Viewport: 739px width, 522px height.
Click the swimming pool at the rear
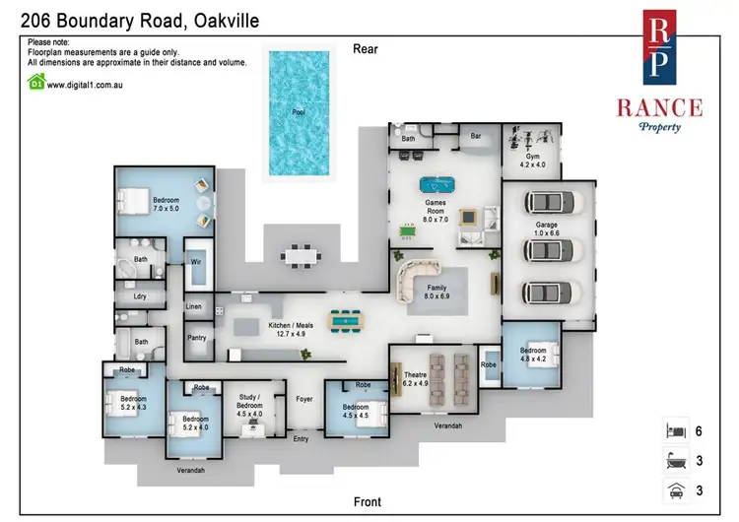(299, 113)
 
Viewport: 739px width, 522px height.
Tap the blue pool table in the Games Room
(437, 184)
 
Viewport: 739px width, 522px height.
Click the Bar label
(476, 136)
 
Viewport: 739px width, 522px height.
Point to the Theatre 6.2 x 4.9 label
(415, 379)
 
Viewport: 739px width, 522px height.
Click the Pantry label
(196, 337)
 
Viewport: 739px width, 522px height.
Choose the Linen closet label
(193, 306)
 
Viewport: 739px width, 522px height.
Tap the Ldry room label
(140, 296)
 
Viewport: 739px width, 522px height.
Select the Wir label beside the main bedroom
(196, 261)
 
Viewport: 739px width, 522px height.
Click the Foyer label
(304, 399)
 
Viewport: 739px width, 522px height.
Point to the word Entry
(301, 438)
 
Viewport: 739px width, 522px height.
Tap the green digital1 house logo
(36, 82)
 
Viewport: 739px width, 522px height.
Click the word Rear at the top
(366, 49)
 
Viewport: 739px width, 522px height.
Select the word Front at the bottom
(368, 501)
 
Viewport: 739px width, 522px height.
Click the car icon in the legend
(676, 490)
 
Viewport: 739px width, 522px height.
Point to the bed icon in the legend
(676, 430)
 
